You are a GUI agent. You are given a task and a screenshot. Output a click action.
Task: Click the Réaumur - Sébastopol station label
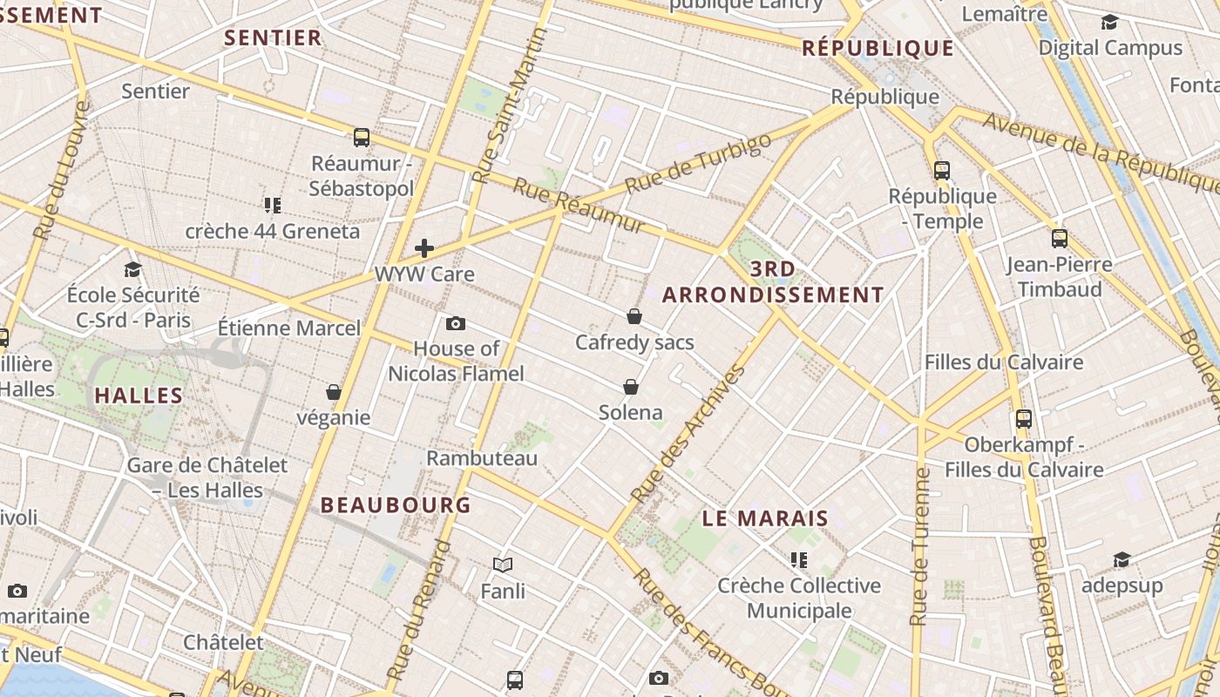[x=361, y=176]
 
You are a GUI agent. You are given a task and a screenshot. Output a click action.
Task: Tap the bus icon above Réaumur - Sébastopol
[x=362, y=137]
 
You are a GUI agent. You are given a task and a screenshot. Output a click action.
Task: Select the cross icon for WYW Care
[x=424, y=248]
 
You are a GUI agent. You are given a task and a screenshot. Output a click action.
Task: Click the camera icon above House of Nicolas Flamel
[x=455, y=324]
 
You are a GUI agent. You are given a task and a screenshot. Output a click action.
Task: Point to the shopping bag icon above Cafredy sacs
[x=634, y=316]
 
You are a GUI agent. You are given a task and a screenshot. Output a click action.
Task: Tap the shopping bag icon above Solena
[x=631, y=387]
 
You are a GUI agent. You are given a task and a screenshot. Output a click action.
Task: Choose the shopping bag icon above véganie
[x=333, y=392]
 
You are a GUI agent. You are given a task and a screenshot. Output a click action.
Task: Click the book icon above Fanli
[x=503, y=565]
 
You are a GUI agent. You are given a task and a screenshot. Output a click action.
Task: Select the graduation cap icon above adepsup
[x=1122, y=559]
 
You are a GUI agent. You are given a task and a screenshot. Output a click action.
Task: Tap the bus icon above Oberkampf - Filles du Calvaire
[x=1024, y=418]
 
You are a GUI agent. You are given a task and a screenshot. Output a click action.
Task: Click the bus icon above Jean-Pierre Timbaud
[x=1060, y=238]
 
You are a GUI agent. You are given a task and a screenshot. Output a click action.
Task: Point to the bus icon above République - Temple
[x=942, y=170]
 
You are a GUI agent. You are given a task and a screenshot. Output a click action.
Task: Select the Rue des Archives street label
[x=688, y=433]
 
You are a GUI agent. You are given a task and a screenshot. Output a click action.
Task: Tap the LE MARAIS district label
[x=765, y=519]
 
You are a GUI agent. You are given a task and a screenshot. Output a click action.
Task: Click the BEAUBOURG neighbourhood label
[x=396, y=505]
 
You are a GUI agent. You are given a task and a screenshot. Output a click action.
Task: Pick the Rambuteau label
[x=482, y=458]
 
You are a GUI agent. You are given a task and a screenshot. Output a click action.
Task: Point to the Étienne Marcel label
[x=288, y=328]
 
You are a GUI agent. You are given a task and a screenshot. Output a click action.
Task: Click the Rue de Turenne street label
[x=919, y=547]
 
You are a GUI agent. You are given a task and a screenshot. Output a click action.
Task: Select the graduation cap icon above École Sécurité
[x=132, y=269]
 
